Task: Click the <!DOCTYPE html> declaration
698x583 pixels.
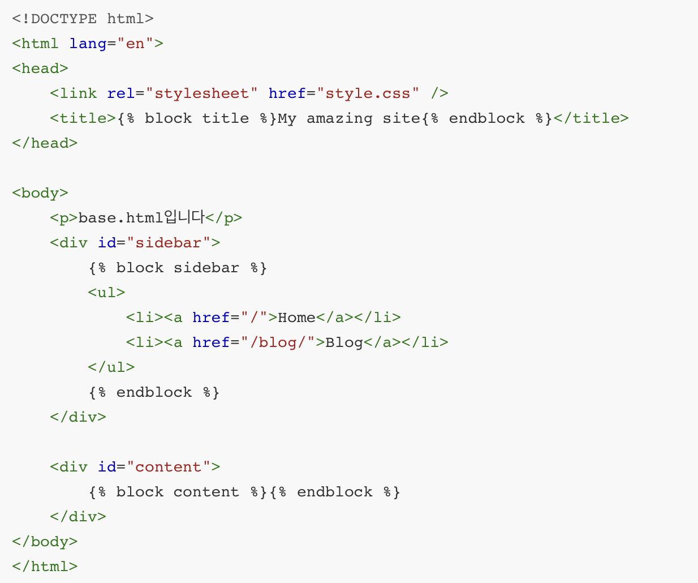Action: coord(83,19)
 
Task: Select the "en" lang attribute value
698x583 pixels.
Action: coord(135,44)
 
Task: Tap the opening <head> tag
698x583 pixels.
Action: coord(40,68)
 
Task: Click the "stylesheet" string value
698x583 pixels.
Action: coord(202,93)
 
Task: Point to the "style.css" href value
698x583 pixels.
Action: coord(368,93)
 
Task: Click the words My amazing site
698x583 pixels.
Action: coord(349,118)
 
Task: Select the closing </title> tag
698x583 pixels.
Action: coord(591,118)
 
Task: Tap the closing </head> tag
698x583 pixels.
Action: coord(45,143)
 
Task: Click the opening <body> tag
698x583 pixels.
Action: coord(40,193)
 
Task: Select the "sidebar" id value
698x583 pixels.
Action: coord(169,243)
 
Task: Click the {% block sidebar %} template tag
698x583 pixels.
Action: coord(178,268)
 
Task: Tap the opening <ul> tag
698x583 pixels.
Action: coord(106,293)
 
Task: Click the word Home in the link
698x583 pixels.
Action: coord(296,318)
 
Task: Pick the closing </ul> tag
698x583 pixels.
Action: coord(111,367)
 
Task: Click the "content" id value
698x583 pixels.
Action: coord(169,467)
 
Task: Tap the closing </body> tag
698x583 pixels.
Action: coord(45,542)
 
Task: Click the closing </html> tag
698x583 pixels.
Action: coord(45,567)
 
